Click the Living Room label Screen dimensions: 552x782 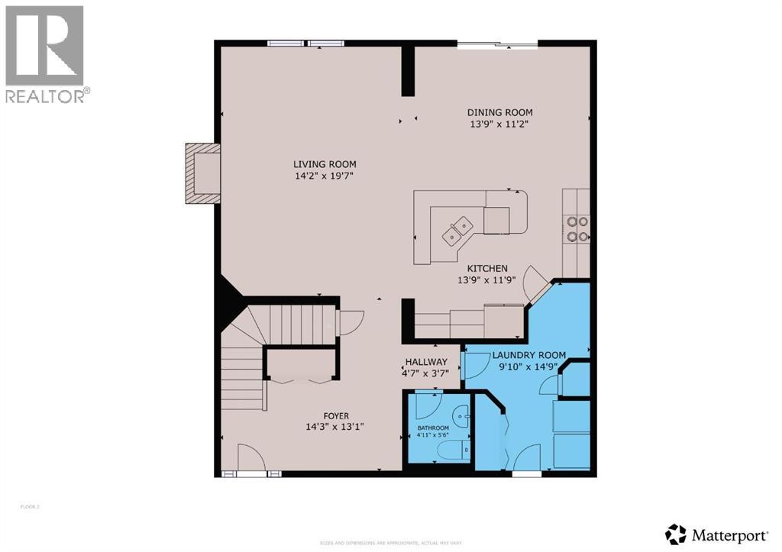point(325,164)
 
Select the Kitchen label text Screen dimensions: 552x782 point(487,268)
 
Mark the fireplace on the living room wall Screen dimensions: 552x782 point(203,173)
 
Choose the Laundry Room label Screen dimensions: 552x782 point(528,355)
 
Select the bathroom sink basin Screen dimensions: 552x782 point(461,418)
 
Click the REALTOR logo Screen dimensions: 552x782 point(46,53)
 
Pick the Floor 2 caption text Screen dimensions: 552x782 point(31,506)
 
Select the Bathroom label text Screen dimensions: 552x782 point(432,428)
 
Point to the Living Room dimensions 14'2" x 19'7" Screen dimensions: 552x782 point(325,176)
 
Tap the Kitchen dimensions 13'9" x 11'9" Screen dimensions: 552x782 point(487,279)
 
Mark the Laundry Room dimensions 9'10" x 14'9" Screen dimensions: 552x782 point(528,366)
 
